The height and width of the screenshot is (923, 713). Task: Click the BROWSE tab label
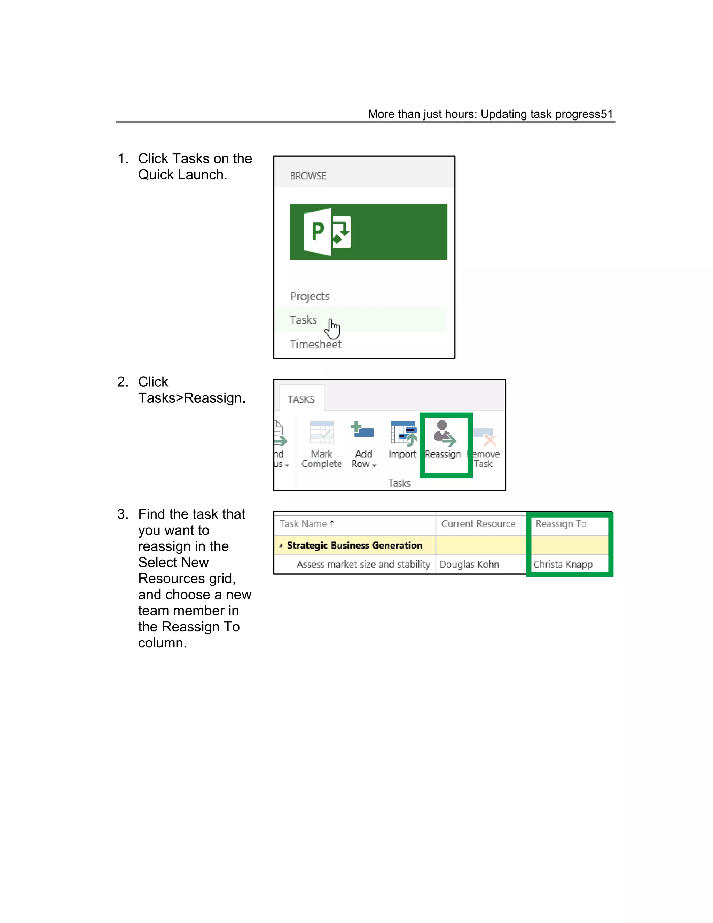coord(308,176)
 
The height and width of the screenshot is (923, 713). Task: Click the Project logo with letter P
coord(328,232)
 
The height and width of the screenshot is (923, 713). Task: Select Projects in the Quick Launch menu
coord(309,296)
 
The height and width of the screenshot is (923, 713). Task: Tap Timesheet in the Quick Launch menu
coord(315,344)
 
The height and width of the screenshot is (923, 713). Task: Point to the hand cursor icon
coord(333,328)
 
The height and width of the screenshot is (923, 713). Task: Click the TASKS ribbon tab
coord(301,399)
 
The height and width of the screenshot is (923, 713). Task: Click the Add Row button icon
coord(362,431)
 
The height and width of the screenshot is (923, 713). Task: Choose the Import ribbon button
coord(402,444)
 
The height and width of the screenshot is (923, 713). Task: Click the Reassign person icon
coord(444,433)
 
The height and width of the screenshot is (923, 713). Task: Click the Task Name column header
coord(303,523)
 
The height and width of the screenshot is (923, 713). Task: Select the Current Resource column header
coord(478,523)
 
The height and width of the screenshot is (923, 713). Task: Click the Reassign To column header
coord(561,523)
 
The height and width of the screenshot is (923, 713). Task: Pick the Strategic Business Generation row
coord(354,545)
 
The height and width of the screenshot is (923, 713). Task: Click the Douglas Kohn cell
coord(469,564)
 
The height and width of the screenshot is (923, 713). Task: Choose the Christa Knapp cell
coord(563,564)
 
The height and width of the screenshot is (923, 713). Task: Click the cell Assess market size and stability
coord(363,564)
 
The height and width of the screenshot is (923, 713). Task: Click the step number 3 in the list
coord(122,514)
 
